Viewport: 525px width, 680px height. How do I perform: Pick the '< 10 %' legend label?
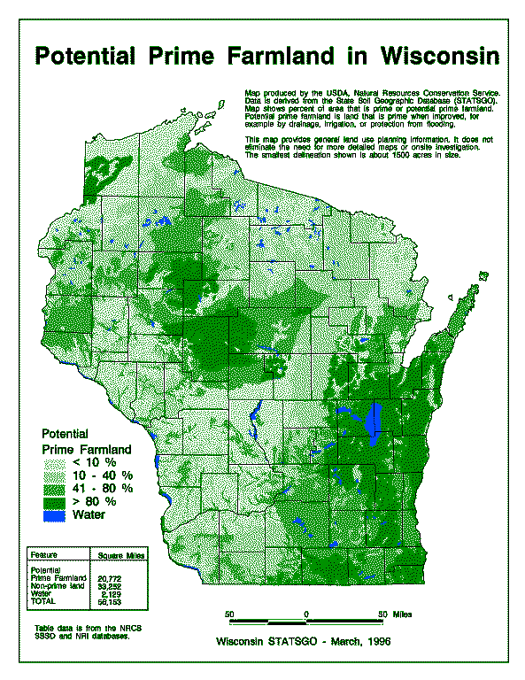tap(96, 462)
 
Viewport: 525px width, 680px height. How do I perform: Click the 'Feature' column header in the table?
tap(44, 555)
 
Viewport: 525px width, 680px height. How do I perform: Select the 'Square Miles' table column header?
tap(121, 555)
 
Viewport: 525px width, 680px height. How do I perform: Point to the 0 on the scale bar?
tap(305, 613)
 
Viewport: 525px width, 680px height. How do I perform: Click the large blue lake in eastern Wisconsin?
tap(374, 422)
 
